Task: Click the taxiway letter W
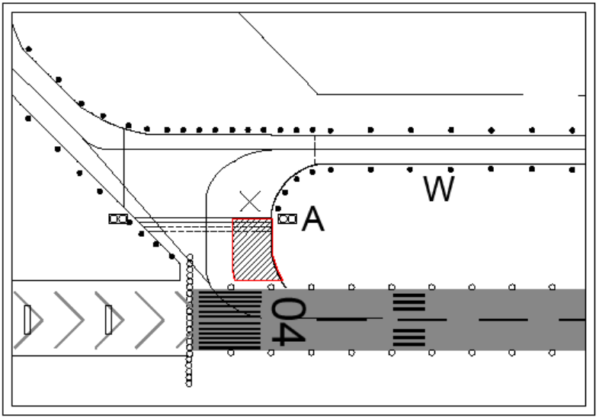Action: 440,189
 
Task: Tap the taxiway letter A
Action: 312,219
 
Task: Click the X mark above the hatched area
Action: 250,200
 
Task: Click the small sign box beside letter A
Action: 287,219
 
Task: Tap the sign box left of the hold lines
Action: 118,219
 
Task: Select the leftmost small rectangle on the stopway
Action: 28,320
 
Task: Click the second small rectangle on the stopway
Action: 109,320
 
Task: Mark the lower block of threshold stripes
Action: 229,336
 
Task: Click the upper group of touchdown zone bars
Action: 408,302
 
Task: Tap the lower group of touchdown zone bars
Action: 408,336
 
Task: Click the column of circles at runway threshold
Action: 190,320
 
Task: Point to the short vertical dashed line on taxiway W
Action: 315,147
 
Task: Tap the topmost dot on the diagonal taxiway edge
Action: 29,49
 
